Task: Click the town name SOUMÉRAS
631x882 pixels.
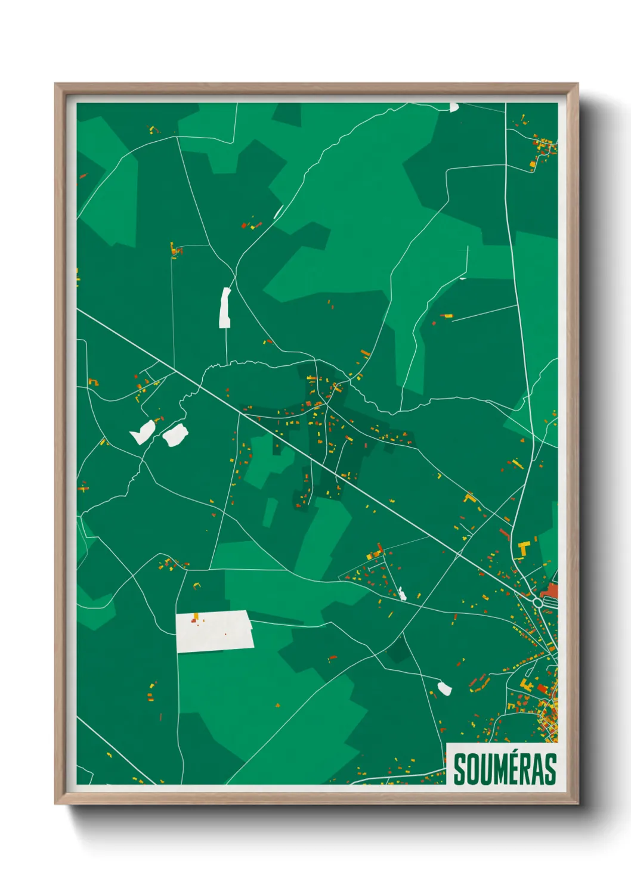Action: pyautogui.click(x=505, y=769)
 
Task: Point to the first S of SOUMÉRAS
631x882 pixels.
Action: pyautogui.click(x=460, y=769)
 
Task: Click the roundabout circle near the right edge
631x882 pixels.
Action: pyautogui.click(x=537, y=603)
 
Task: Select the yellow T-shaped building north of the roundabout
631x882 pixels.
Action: pyautogui.click(x=524, y=547)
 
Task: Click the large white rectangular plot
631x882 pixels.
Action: pyautogui.click(x=214, y=631)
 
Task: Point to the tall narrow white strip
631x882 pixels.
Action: pyautogui.click(x=225, y=308)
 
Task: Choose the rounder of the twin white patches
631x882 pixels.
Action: pyautogui.click(x=175, y=434)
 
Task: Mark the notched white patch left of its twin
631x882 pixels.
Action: pyautogui.click(x=143, y=431)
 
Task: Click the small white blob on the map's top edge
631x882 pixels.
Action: pyautogui.click(x=454, y=107)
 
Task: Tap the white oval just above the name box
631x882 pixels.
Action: pyautogui.click(x=444, y=688)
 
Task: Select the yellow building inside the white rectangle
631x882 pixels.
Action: pyautogui.click(x=195, y=616)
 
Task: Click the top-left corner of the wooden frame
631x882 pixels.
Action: pyautogui.click(x=55, y=84)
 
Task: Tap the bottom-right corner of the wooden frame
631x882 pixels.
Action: pyautogui.click(x=577, y=803)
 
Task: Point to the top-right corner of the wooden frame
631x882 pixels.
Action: pyautogui.click(x=577, y=84)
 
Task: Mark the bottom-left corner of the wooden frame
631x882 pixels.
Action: pyautogui.click(x=55, y=803)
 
